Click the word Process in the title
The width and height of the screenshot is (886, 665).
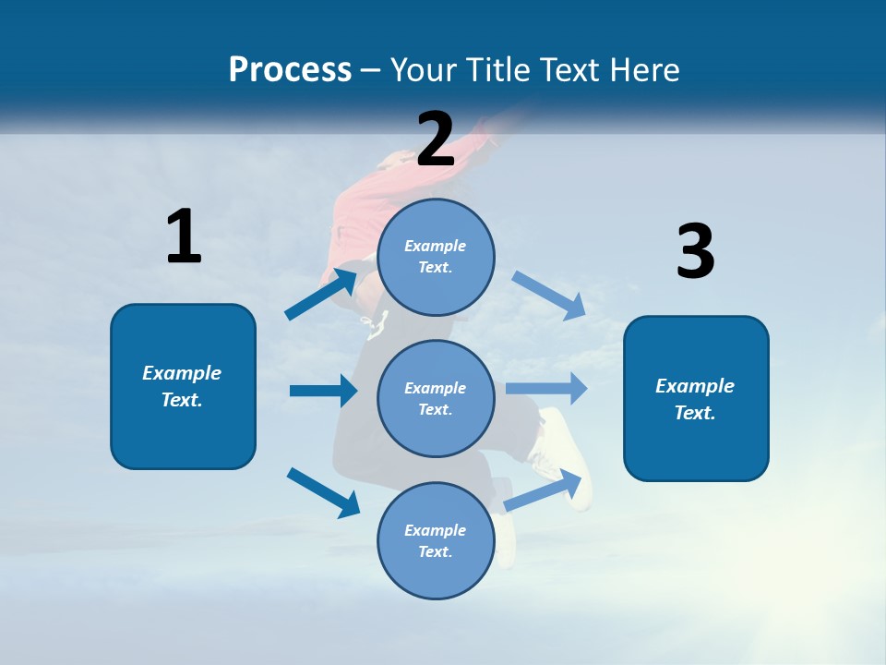tap(290, 69)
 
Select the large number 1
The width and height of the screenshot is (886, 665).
tap(184, 236)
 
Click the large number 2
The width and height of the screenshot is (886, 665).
tap(436, 139)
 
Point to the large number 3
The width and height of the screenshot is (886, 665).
tap(695, 252)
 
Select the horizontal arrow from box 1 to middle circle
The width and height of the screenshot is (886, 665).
tap(323, 391)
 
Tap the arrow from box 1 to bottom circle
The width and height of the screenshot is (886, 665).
tap(323, 491)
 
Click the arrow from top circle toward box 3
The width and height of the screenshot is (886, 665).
tap(548, 295)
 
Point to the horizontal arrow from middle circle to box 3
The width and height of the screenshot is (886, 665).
tap(546, 388)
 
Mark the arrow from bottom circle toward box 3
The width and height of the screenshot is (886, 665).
tap(546, 490)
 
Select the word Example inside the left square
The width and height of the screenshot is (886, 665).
tap(182, 373)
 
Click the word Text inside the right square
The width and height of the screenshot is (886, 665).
tap(694, 413)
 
